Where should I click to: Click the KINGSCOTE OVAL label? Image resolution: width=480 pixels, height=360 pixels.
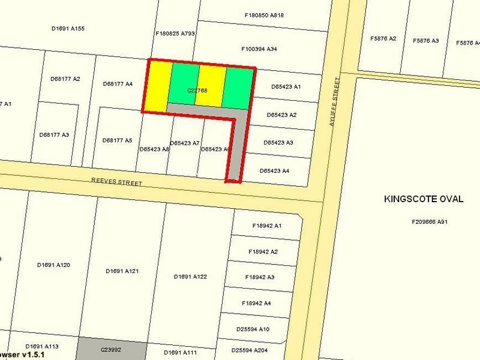coord(423,199)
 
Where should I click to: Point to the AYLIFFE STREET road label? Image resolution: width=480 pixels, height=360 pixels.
coord(335,100)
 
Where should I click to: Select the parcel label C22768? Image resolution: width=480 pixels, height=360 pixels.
coord(197,91)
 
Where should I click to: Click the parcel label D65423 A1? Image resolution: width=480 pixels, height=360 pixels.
coord(286,87)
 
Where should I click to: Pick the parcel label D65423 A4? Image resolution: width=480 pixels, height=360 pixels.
coord(275,171)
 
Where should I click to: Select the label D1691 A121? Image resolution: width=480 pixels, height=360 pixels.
coord(122,271)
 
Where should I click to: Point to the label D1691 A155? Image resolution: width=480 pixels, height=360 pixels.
coord(68,28)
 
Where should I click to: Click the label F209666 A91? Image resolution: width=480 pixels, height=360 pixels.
coord(430,222)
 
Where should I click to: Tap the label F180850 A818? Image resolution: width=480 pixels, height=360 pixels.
coord(265,14)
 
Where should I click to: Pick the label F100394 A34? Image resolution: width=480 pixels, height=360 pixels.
coord(259,49)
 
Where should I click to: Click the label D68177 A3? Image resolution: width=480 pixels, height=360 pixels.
coord(54,135)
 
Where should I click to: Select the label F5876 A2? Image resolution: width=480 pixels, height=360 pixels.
coord(383,39)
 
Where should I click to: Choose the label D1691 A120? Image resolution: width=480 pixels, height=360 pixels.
coord(53,265)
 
